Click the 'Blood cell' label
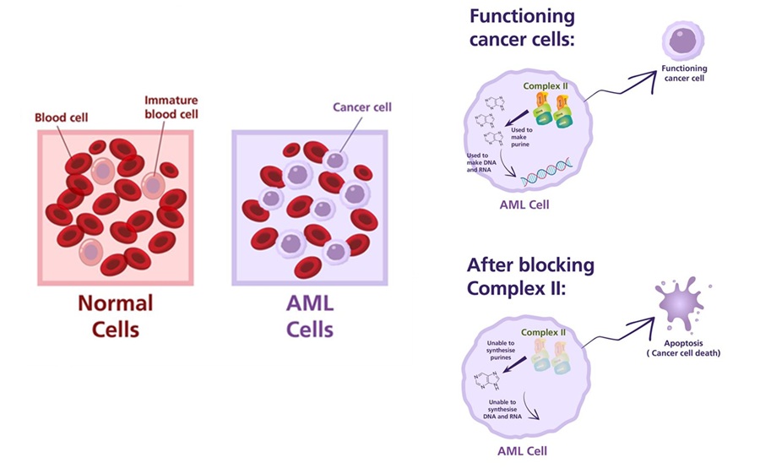tap(61, 117)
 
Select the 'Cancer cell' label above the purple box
tap(362, 107)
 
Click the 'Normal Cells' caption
tap(116, 315)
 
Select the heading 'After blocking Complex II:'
tap(530, 276)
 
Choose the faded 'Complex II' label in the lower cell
tap(544, 333)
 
